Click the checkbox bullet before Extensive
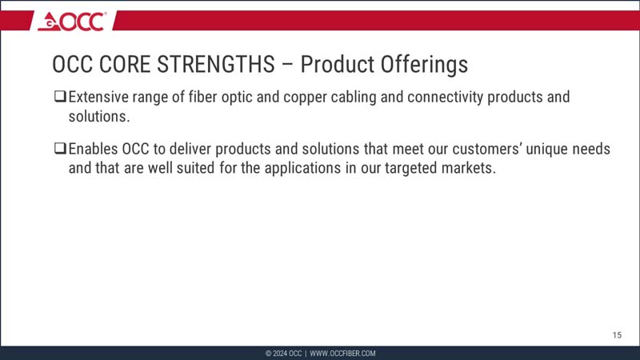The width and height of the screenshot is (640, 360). click(59, 98)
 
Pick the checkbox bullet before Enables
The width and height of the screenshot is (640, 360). click(59, 150)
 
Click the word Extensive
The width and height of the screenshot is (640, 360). click(102, 98)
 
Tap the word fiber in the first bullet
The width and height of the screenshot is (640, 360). click(209, 98)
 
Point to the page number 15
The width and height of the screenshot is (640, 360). click(617, 334)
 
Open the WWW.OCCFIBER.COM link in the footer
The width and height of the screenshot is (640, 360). click(342, 353)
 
